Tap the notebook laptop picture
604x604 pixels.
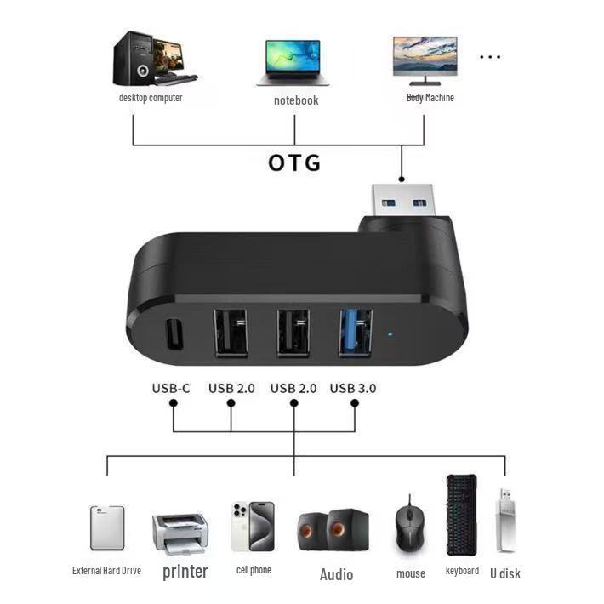pos(293,63)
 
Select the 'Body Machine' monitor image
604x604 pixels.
pos(425,61)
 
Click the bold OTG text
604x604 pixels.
pos(294,162)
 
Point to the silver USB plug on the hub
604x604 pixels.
pos(402,201)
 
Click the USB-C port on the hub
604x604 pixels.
pos(174,334)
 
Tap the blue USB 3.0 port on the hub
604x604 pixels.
pos(355,333)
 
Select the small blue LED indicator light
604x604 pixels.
pos(390,335)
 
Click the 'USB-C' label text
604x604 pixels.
pos(171,388)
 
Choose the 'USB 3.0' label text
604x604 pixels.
pos(353,388)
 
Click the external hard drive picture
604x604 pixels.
pos(107,527)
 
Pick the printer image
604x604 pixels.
pos(180,533)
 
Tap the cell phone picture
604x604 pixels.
pos(253,527)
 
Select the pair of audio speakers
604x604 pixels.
pos(333,530)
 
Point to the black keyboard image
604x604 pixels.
pos(461,515)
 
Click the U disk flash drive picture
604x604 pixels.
pos(506,520)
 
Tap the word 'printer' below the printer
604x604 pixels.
pos(185,572)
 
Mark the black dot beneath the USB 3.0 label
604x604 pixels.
pos(355,403)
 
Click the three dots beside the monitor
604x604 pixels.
pos(490,57)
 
